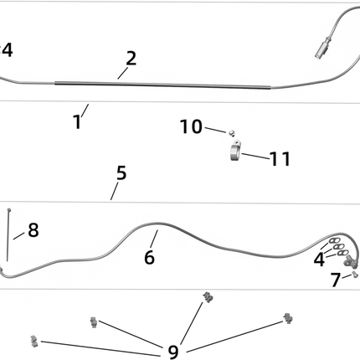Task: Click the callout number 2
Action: tap(131, 59)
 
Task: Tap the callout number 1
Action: tap(77, 122)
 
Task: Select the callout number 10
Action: tap(191, 126)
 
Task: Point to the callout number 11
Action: tap(280, 159)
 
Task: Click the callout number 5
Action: tap(121, 172)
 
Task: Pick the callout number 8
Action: tap(33, 230)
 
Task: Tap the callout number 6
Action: tap(149, 257)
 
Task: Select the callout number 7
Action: tap(336, 280)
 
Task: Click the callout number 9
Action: tap(173, 352)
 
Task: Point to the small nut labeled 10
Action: tap(231, 133)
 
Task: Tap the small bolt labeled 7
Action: tap(354, 274)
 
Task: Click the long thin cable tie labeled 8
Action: tap(8, 235)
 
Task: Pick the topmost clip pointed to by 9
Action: tap(208, 297)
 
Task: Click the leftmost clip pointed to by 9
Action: tap(33, 341)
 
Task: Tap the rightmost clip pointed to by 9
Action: tap(288, 318)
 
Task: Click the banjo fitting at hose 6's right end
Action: tap(350, 261)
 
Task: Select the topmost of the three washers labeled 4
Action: tap(334, 241)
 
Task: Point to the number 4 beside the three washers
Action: tap(319, 260)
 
